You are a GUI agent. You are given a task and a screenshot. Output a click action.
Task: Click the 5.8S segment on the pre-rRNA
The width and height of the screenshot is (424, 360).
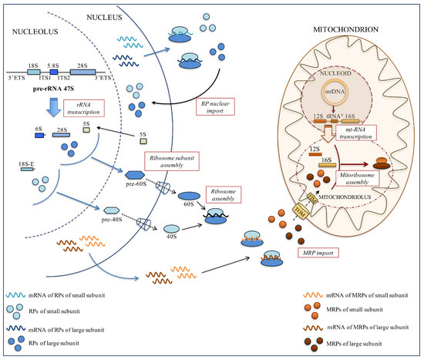[54, 67]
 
